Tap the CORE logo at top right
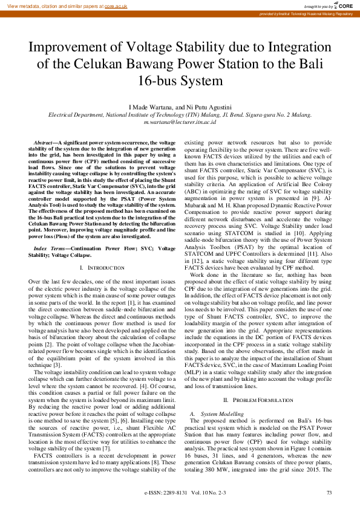point(344,5)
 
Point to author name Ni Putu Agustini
point(208,106)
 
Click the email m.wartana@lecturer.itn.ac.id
point(180,121)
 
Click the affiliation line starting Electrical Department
point(180,114)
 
